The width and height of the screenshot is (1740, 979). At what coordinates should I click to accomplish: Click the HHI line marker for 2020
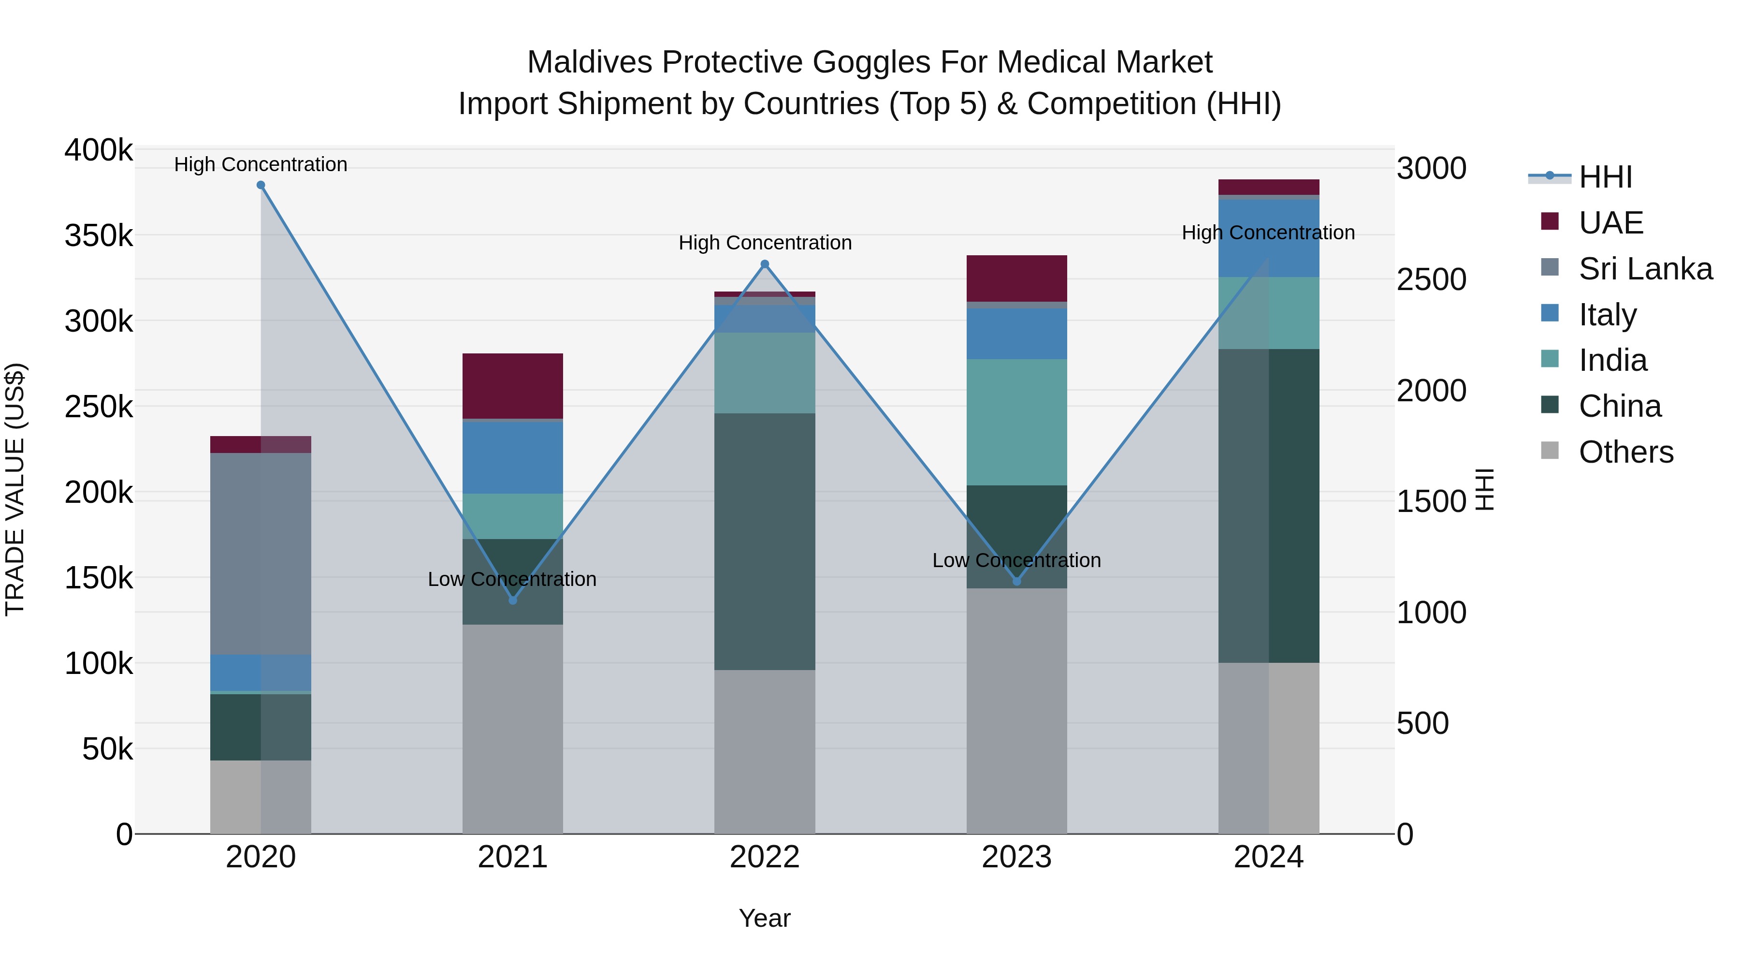[261, 185]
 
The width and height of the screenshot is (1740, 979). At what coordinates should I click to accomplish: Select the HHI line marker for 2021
[513, 600]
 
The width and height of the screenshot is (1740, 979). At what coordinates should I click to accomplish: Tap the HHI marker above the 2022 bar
[765, 264]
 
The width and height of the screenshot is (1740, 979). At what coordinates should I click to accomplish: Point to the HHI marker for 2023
[1016, 581]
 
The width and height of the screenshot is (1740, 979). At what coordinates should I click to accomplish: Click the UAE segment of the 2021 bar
[513, 386]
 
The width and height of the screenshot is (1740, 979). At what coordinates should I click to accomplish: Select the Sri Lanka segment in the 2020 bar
[261, 554]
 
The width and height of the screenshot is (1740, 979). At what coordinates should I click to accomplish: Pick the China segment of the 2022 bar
[765, 541]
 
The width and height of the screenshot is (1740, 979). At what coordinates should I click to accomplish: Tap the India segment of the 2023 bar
[1016, 422]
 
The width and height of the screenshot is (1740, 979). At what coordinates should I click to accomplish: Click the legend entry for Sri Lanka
[1645, 269]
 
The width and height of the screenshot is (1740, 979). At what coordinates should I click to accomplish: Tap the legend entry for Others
[1625, 452]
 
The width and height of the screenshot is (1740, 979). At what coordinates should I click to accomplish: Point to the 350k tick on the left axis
[99, 236]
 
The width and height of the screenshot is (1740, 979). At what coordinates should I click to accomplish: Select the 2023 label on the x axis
[1016, 857]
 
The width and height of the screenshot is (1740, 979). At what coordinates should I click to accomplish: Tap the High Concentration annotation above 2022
[765, 243]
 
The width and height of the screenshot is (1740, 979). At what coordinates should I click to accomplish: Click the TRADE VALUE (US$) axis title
[15, 489]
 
